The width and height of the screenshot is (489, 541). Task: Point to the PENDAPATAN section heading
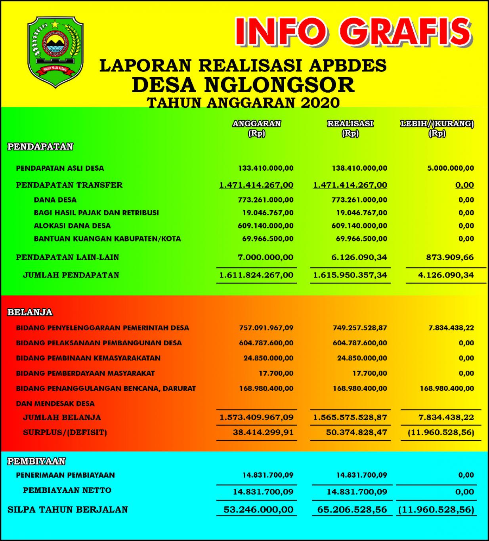coord(40,147)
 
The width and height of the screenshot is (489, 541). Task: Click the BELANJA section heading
coord(30,312)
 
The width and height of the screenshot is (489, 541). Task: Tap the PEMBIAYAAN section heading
coord(36,461)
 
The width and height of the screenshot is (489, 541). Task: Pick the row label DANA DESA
coord(55,200)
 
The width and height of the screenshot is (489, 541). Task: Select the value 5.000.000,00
coord(451,168)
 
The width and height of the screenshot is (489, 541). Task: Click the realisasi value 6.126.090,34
coord(359,257)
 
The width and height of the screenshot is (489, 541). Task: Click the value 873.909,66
coord(450,257)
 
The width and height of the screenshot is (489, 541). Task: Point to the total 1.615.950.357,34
coord(350,275)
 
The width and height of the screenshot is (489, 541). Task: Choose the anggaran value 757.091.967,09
coord(266,328)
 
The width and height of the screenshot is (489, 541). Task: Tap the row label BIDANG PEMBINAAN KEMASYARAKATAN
coord(88,358)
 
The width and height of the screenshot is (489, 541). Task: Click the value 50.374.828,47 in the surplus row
coord(356,432)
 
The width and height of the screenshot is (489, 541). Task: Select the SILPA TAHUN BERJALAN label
coord(68,510)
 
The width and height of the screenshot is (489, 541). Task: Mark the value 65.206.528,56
coord(352,510)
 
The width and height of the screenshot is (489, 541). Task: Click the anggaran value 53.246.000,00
coord(258,510)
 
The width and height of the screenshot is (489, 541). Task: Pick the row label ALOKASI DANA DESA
coord(72,226)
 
